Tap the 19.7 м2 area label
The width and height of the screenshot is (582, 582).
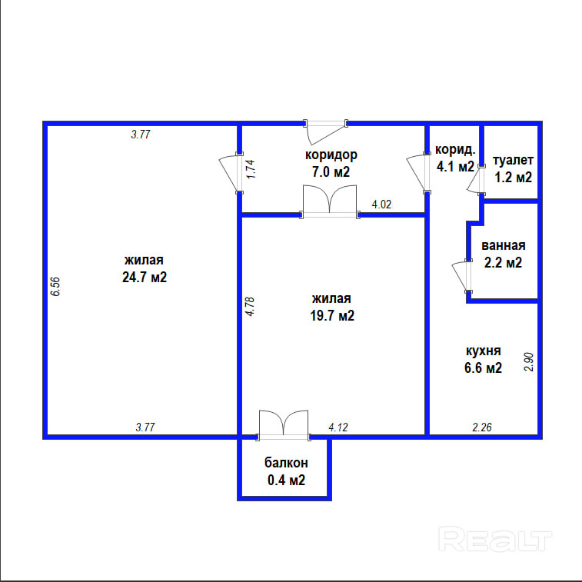click(x=332, y=315)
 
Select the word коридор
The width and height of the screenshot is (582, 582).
click(x=331, y=155)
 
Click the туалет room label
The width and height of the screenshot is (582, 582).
click(x=513, y=161)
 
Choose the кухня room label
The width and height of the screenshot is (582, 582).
click(x=484, y=351)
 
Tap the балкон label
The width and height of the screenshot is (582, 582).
click(x=286, y=463)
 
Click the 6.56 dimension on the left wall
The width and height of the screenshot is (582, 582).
click(x=55, y=287)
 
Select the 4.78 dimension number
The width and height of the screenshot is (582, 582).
click(x=251, y=307)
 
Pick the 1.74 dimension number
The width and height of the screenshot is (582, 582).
click(x=251, y=169)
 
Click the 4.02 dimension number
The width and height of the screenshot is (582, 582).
click(x=382, y=205)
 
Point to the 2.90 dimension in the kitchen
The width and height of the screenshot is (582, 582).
click(x=527, y=361)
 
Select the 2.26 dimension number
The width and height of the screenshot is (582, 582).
click(x=482, y=427)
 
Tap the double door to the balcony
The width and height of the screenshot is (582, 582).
click(x=283, y=424)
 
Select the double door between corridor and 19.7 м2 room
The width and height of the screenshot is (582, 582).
click(x=330, y=202)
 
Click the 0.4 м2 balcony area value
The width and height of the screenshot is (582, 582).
click(x=286, y=481)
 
